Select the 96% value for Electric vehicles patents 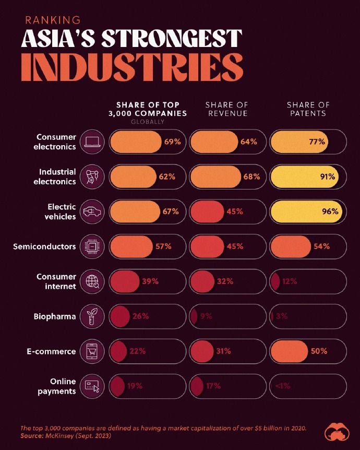click(x=330, y=212)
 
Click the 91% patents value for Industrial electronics click(x=328, y=177)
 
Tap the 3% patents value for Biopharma click(x=282, y=316)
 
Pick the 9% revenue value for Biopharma click(x=206, y=316)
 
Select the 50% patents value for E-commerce click(x=319, y=351)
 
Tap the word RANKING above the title click(x=53, y=20)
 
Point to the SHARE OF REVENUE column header click(x=219, y=109)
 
